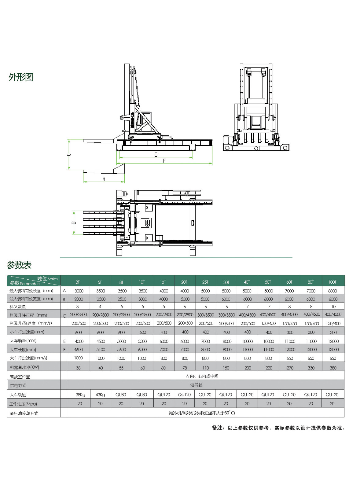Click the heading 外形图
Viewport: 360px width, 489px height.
coord(21,77)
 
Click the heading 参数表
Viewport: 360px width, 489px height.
coord(19,265)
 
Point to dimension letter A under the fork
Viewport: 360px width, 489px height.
coord(104,179)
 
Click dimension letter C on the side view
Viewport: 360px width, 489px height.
coord(69,155)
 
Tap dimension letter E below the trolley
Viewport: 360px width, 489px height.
coord(156,155)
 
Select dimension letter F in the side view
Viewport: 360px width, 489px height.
coord(164,161)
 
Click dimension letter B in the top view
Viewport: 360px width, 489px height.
coord(74,223)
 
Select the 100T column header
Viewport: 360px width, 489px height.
coord(332,282)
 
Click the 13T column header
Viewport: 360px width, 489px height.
coord(163,282)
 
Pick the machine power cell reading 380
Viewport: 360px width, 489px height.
coord(333,368)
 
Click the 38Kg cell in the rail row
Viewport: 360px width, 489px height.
coord(80,395)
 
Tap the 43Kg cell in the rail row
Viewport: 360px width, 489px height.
coord(100,395)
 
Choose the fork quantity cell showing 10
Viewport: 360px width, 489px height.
coord(333,307)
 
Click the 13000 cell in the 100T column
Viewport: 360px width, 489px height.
coord(333,350)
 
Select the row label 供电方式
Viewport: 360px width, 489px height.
coord(18,386)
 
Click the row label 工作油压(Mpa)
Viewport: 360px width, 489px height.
coord(23,404)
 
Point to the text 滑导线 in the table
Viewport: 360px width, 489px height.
coord(196,385)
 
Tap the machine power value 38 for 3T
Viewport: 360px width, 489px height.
coord(78,368)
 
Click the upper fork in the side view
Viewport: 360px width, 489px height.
coord(99,141)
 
